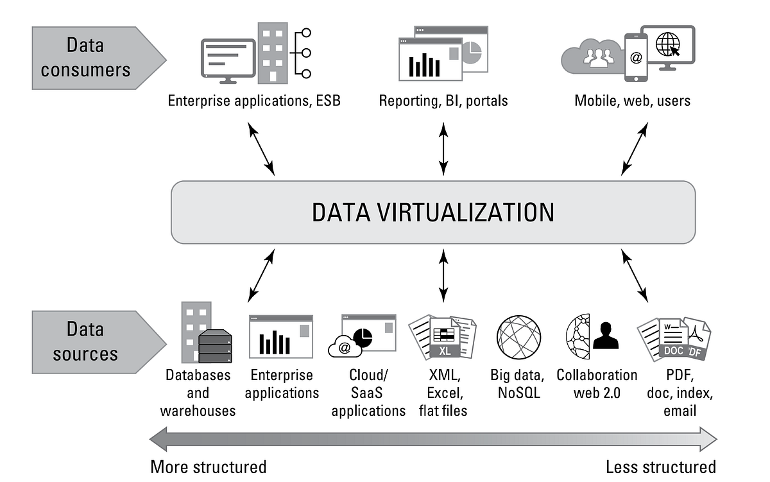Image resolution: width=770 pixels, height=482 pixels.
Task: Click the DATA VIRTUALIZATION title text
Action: (x=433, y=212)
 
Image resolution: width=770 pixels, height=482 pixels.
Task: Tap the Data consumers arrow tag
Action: (x=93, y=58)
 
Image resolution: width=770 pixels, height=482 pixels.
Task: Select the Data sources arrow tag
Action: (x=93, y=341)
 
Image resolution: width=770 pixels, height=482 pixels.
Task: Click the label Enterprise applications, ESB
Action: (x=254, y=101)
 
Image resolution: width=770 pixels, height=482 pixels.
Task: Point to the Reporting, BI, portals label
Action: (x=443, y=101)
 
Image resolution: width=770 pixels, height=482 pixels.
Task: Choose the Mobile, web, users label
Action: (x=632, y=101)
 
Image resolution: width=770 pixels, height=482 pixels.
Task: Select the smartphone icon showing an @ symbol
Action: (x=636, y=58)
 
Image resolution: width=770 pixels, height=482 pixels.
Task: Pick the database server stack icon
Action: (x=214, y=347)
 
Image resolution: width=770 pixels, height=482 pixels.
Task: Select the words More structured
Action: (x=208, y=467)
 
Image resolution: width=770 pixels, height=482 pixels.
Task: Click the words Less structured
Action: (x=661, y=467)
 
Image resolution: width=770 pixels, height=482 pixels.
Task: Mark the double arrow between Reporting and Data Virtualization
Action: (x=443, y=149)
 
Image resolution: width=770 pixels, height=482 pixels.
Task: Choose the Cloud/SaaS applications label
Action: (x=368, y=393)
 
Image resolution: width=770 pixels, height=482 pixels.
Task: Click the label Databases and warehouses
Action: (x=198, y=393)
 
